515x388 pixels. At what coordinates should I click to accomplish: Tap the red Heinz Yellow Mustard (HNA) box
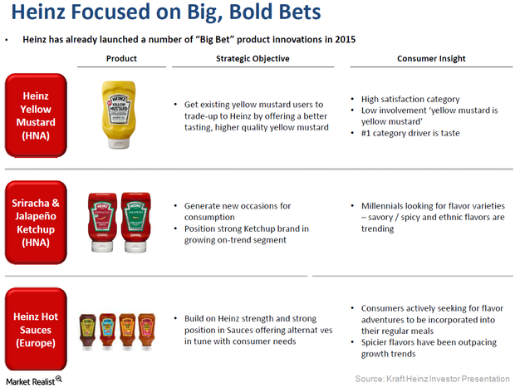point(36,114)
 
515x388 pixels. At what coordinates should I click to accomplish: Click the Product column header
point(121,59)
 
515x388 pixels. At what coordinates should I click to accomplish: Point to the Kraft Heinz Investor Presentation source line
point(434,379)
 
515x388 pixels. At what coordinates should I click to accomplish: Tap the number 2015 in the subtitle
point(343,39)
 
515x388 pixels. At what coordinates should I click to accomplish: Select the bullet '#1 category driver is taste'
point(411,133)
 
